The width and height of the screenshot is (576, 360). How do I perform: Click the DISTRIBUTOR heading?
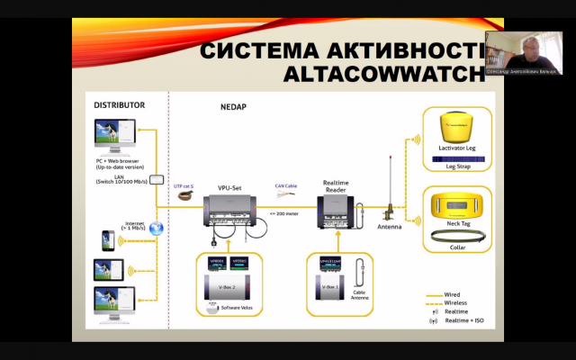pyautogui.click(x=120, y=104)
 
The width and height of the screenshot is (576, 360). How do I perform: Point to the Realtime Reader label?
pyautogui.click(x=341, y=185)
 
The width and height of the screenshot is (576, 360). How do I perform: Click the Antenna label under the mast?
pyautogui.click(x=390, y=227)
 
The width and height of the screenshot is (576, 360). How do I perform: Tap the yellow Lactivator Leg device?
pyautogui.click(x=456, y=130)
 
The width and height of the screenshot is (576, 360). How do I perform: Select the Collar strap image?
pyautogui.click(x=456, y=239)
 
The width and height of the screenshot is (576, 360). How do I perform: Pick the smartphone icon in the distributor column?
pyautogui.click(x=107, y=241)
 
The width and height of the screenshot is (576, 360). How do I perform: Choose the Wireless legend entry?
pyautogui.click(x=455, y=302)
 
